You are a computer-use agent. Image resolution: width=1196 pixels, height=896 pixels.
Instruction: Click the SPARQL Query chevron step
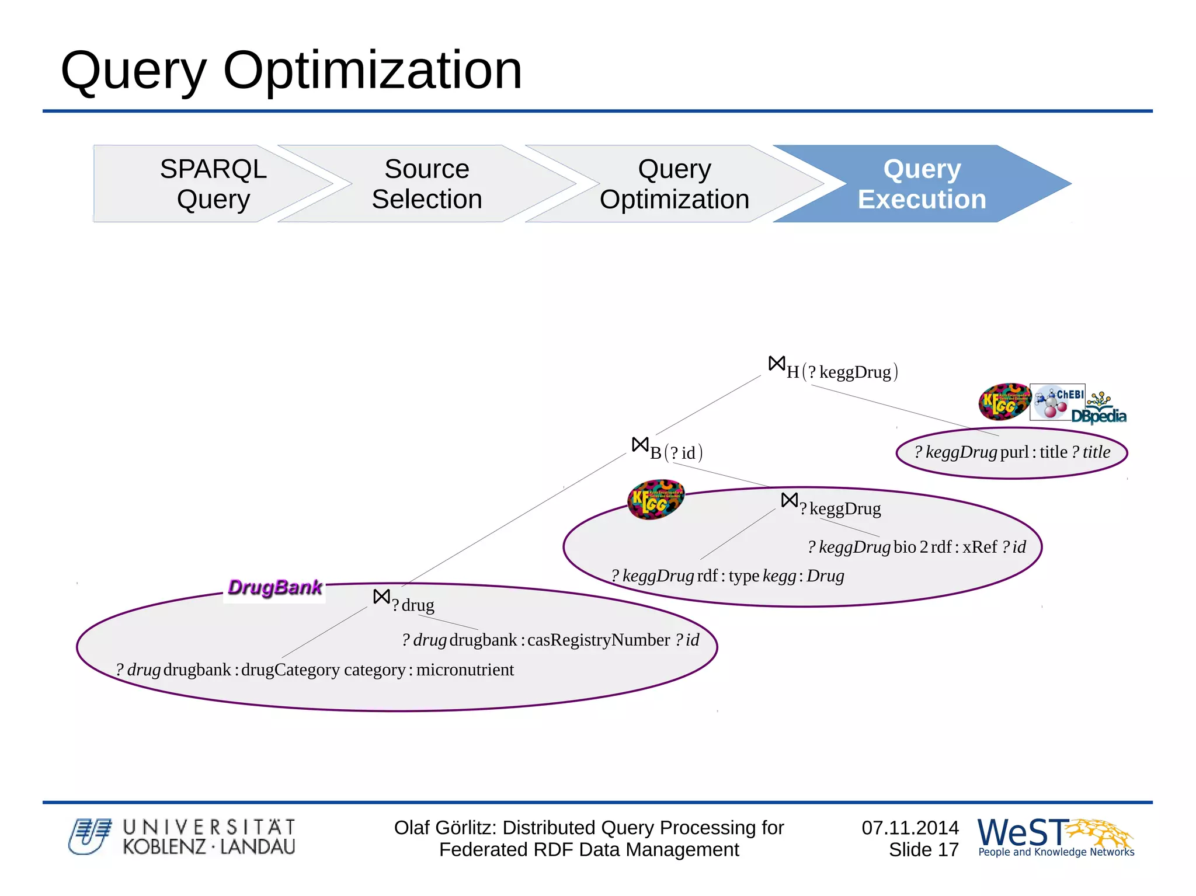[213, 184]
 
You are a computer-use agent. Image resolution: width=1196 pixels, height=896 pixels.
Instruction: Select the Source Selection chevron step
[427, 184]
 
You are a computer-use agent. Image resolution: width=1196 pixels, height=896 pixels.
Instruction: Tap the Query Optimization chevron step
[675, 184]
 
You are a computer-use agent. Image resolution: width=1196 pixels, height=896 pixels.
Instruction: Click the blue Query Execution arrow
[922, 184]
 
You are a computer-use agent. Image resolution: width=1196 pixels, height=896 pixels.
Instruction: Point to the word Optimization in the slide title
[372, 71]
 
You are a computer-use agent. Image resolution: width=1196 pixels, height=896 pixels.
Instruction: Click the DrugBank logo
[274, 587]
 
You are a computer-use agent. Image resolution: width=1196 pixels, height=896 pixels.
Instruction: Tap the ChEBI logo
[1058, 402]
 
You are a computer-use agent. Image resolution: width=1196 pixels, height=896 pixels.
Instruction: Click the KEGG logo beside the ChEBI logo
[1004, 402]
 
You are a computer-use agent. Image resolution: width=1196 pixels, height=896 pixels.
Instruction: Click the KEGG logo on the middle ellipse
[655, 500]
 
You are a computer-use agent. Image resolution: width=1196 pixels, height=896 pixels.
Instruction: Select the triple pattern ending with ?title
[1012, 452]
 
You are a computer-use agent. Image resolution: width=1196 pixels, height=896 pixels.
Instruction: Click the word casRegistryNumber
[598, 640]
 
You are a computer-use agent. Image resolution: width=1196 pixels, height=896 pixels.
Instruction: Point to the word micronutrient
[465, 670]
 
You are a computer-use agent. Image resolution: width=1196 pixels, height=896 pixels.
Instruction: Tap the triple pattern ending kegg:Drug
[728, 576]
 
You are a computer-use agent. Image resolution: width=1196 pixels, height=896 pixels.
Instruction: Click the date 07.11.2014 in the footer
[910, 828]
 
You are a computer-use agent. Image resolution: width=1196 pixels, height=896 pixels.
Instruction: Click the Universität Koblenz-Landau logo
[182, 837]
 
